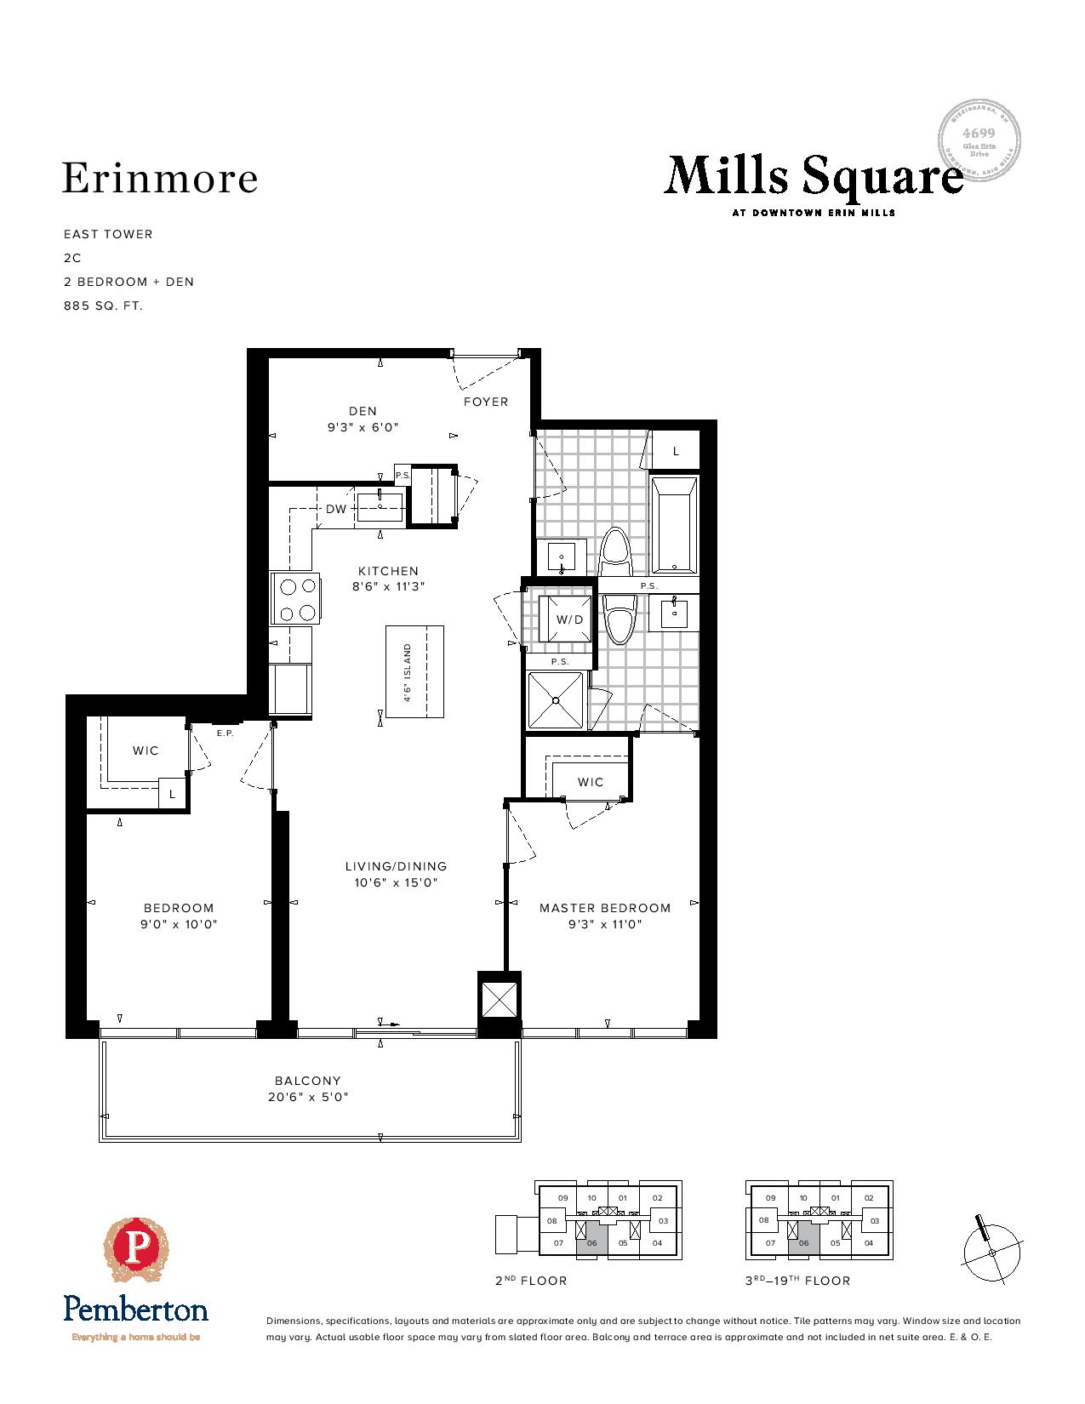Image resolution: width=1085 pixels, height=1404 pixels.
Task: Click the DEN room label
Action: [x=363, y=411]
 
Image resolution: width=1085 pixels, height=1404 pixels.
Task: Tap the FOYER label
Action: [x=485, y=402]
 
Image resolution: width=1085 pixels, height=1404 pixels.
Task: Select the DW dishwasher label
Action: [x=336, y=509]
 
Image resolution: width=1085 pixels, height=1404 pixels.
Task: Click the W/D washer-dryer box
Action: [x=569, y=619]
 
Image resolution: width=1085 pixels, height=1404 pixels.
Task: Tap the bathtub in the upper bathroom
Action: [x=674, y=525]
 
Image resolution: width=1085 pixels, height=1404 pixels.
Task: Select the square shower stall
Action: [x=556, y=700]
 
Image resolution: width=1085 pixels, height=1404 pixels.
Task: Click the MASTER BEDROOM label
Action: [x=604, y=908]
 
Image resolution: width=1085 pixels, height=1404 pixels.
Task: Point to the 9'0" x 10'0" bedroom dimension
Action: [x=179, y=924]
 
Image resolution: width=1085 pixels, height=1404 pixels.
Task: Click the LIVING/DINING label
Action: [x=396, y=866]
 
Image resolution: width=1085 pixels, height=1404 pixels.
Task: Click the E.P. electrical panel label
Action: [x=225, y=733]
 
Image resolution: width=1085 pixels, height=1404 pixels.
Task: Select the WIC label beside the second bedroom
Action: [x=146, y=751]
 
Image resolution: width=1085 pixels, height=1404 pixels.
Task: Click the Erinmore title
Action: [x=160, y=179]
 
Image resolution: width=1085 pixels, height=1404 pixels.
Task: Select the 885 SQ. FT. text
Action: [x=103, y=305]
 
